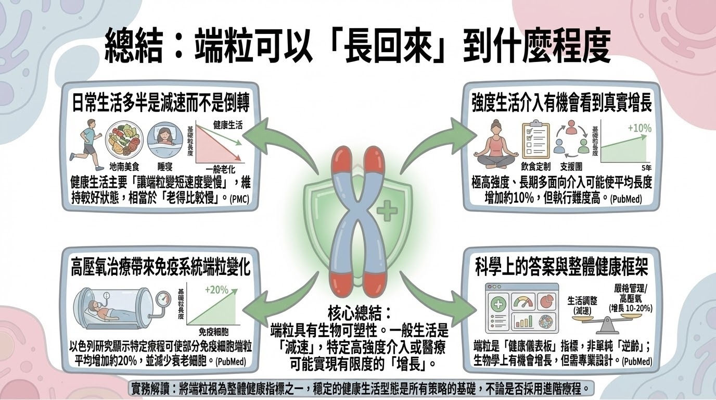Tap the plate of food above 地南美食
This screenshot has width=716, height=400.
tap(122, 142)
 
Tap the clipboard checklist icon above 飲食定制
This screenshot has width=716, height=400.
tap(535, 139)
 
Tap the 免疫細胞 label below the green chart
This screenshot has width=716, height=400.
tap(214, 331)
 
